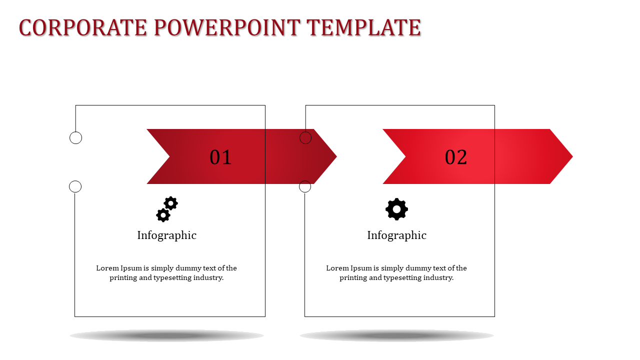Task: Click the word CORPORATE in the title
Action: (83, 28)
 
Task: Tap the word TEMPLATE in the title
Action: (363, 28)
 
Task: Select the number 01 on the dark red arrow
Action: (220, 157)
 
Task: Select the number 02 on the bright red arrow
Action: (456, 157)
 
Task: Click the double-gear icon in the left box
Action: (167, 209)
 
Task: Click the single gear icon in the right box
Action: (396, 209)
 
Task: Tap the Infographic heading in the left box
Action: (167, 235)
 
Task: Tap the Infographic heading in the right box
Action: (396, 235)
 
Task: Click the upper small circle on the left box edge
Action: (75, 138)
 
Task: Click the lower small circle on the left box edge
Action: (75, 186)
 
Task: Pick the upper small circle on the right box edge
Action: (305, 138)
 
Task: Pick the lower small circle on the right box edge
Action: (305, 186)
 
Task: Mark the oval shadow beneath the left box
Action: (167, 335)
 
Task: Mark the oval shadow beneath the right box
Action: (396, 335)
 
